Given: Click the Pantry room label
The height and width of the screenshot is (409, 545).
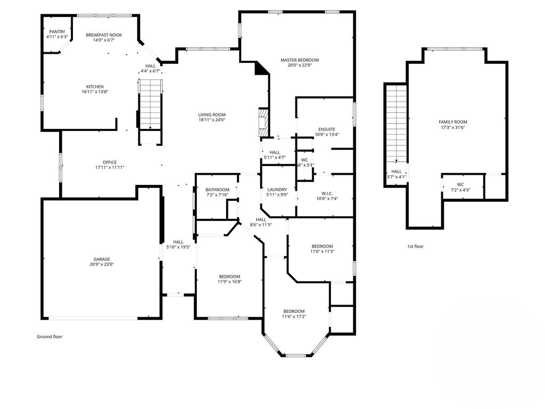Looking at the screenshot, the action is pos(57,31).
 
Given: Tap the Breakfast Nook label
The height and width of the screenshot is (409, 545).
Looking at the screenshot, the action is pos(104,35).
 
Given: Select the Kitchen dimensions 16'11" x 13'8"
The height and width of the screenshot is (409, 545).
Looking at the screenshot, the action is pos(95,92).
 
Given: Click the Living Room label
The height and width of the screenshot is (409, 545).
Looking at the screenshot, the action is pos(212,115).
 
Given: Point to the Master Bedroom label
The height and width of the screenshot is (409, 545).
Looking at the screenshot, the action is pos(300,60).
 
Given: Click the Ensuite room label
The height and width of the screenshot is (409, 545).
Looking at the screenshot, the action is pos(327,129).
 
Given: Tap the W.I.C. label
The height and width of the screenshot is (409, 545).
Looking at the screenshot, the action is pos(327,194).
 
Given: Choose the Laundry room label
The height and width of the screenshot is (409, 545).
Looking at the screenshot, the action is pos(277,190).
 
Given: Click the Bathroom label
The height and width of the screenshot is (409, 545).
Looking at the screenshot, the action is pos(217,190).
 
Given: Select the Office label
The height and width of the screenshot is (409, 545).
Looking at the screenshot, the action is pos(110,162).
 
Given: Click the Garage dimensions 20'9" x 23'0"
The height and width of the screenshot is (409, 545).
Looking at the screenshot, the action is pos(102,264).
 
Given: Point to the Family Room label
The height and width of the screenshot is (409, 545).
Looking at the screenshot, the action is pos(453,122).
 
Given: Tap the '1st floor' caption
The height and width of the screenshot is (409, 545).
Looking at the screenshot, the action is pos(415,247).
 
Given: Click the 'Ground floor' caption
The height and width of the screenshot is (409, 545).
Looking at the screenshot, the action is pos(49,337).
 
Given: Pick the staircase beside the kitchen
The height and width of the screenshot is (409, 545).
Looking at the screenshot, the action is pos(151,104).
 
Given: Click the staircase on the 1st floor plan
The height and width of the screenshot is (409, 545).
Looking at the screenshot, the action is pos(397,124).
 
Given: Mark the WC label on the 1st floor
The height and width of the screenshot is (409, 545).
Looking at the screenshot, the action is pos(460,185).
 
